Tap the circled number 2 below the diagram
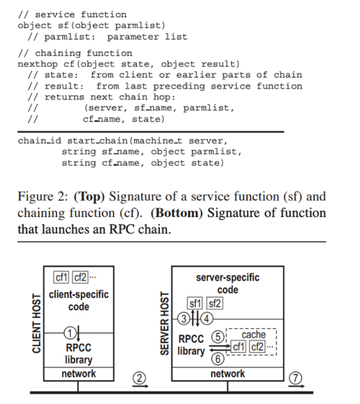click(140, 378)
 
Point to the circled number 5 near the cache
click(218, 337)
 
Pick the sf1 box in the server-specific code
click(195, 303)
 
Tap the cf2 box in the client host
click(81, 278)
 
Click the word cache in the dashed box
click(254, 335)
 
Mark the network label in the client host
click(79, 373)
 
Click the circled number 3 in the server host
click(183, 320)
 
